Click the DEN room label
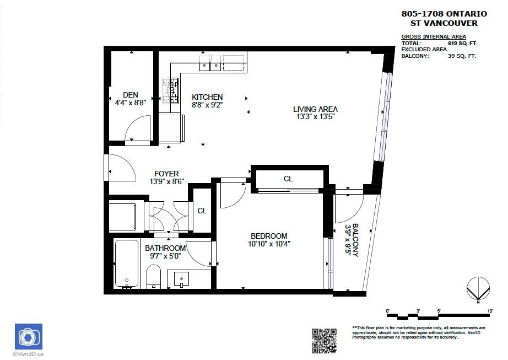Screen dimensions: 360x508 [130, 95]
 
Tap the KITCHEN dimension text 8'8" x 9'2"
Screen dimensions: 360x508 [207, 104]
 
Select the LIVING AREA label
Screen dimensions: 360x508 [315, 109]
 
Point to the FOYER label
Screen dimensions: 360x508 [166, 174]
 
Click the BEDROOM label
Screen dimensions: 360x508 [269, 236]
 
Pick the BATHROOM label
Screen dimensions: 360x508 [165, 248]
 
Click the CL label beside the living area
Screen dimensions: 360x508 [288, 179]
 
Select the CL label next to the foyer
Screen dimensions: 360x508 [202, 211]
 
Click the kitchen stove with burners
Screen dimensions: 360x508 [170, 91]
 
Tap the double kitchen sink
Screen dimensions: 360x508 [210, 63]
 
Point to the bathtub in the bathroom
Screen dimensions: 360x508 [127, 263]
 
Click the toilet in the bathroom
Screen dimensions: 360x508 [154, 276]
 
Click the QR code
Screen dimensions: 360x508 [325, 340]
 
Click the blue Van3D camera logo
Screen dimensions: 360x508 [28, 337]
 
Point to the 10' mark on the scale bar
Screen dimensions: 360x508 [490, 311]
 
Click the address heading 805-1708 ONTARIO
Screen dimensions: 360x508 [444, 14]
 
